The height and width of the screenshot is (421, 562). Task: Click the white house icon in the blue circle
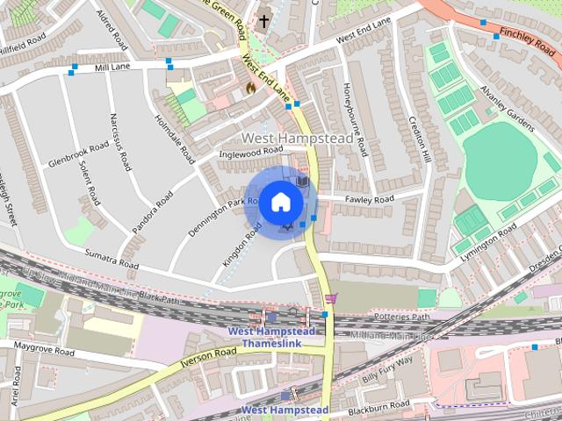click(x=280, y=202)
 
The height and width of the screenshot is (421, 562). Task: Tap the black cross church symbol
click(x=263, y=19)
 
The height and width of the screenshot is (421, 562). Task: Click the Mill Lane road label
click(x=112, y=67)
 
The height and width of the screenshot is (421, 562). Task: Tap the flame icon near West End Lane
click(x=249, y=88)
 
